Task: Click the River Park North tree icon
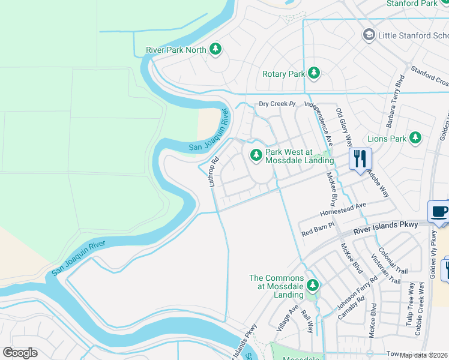(x=215, y=50)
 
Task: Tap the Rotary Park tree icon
(x=313, y=74)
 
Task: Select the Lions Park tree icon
(x=415, y=139)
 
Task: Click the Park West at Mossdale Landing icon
(x=256, y=155)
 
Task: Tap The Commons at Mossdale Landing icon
(x=312, y=284)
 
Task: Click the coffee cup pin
(x=439, y=212)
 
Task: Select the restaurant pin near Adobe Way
(x=360, y=159)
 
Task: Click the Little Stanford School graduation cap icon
(x=368, y=35)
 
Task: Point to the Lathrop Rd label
(x=213, y=172)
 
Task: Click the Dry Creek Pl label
(x=277, y=104)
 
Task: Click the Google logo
(x=20, y=353)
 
